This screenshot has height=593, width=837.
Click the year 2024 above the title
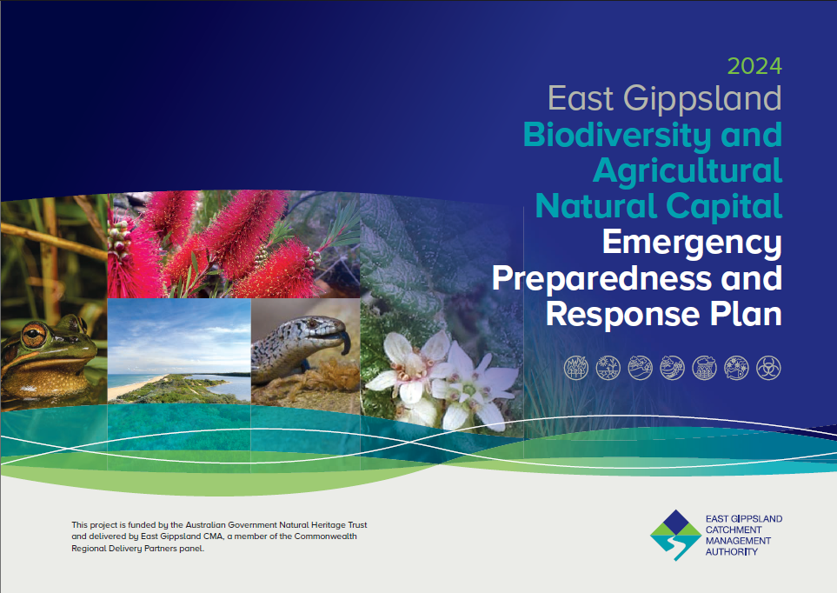tap(754, 66)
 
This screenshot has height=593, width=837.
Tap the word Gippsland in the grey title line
tap(702, 100)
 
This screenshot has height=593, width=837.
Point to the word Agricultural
tap(688, 171)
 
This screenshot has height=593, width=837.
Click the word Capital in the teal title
tap(724, 207)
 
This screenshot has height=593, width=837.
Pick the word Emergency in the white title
tap(692, 243)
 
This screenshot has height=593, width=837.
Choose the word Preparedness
tap(601, 279)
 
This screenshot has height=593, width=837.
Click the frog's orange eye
tap(34, 335)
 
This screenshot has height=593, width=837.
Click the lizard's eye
tap(312, 323)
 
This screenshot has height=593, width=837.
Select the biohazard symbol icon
tap(768, 368)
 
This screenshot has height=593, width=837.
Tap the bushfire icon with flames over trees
tap(576, 368)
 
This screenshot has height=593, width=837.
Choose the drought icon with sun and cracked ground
tap(608, 368)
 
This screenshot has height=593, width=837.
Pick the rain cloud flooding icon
tap(705, 368)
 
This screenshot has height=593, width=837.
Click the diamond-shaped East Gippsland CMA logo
tap(675, 535)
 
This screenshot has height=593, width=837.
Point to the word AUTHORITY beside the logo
tap(731, 552)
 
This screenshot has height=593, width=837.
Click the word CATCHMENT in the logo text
tap(734, 530)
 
